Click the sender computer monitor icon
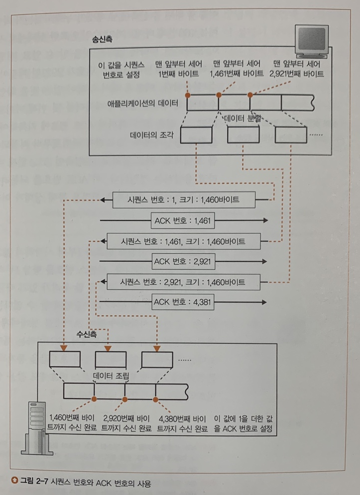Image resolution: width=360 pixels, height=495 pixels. [x=311, y=42]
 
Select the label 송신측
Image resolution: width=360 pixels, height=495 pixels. [x=102, y=38]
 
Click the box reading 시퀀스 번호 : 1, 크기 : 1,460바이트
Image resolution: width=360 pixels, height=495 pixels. [x=184, y=200]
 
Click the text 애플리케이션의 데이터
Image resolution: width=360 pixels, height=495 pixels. [x=145, y=104]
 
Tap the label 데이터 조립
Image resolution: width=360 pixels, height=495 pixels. [x=111, y=377]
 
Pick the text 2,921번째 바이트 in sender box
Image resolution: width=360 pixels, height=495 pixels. [x=296, y=74]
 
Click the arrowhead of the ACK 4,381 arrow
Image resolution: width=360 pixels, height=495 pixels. [x=266, y=301]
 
